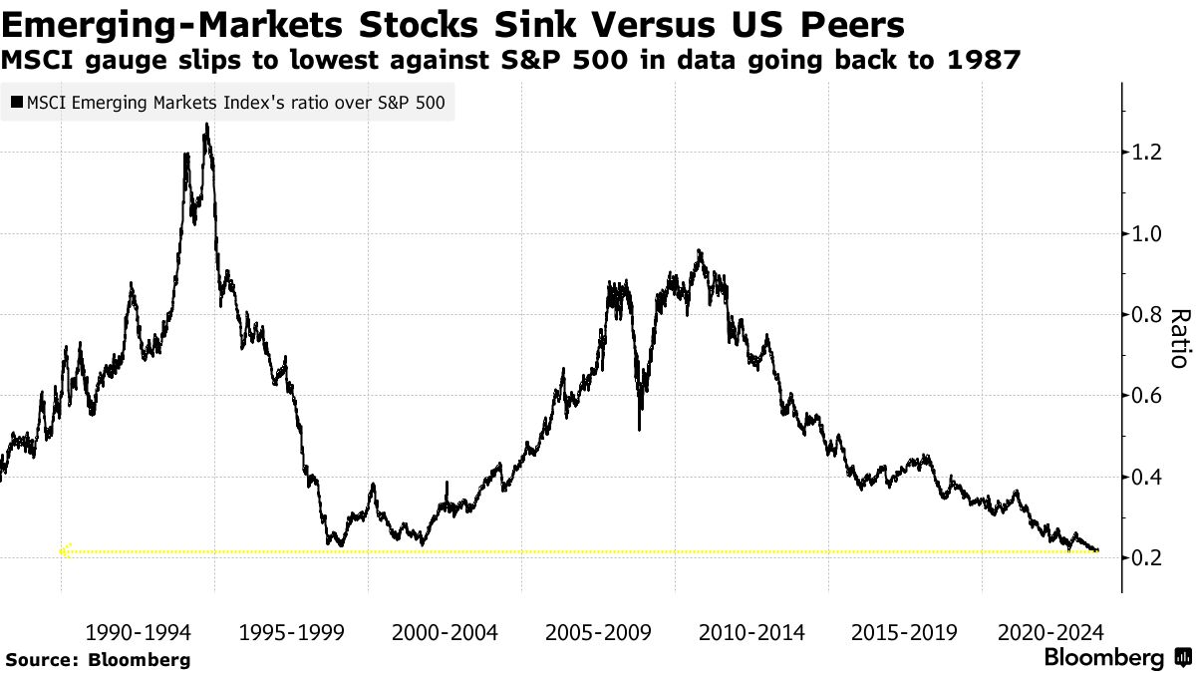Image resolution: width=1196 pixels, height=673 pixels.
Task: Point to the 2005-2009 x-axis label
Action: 598,632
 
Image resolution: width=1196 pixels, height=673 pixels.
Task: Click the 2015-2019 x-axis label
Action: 905,632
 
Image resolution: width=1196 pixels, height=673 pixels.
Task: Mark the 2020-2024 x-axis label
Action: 1049,632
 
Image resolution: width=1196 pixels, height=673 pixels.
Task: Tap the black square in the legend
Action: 16,101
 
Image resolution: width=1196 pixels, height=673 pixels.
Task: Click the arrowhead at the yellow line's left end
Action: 65,550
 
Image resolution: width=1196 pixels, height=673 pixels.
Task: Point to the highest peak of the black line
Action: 206,125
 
